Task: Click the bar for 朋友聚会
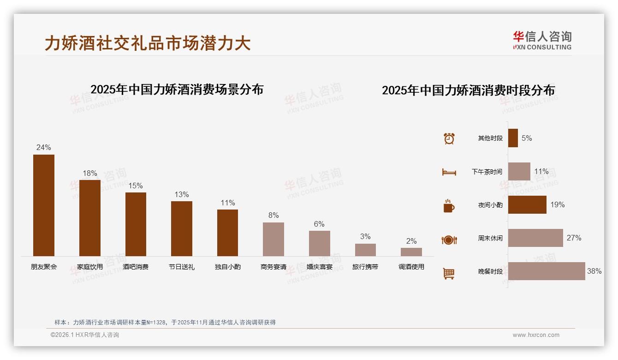point(44,205)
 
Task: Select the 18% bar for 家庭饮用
point(90,218)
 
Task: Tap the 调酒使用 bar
point(411,252)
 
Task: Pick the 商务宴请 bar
point(273,239)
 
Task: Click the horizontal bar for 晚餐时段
point(547,271)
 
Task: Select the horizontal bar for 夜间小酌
point(527,204)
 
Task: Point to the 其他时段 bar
point(513,138)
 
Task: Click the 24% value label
point(44,148)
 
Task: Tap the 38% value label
point(594,271)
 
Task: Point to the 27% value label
point(574,238)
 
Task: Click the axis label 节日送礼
point(182,267)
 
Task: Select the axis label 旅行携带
point(365,267)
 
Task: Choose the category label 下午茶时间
point(487,172)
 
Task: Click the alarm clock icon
point(449,138)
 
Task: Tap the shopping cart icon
point(449,273)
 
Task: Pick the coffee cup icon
point(449,206)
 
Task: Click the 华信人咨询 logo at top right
point(542,40)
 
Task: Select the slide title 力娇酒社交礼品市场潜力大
point(148,43)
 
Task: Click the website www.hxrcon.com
point(536,335)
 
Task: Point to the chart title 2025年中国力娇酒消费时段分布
point(468,90)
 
